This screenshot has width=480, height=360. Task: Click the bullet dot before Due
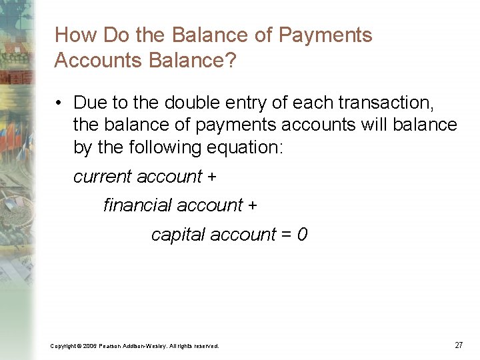(x=60, y=103)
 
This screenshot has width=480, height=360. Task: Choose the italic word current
(x=103, y=177)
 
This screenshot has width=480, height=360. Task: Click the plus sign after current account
(x=212, y=177)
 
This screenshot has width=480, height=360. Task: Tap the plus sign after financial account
(x=252, y=206)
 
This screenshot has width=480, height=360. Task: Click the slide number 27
(x=459, y=345)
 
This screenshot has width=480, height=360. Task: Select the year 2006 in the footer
(x=91, y=346)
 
